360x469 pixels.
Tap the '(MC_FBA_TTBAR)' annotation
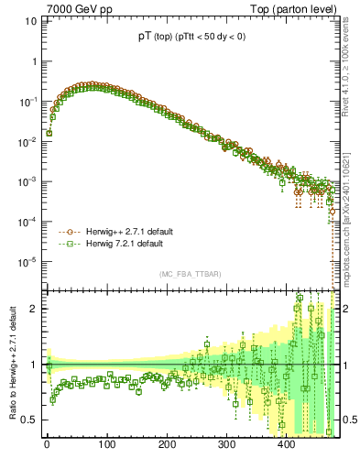(x=190, y=275)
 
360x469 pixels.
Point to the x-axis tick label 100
(x=106, y=446)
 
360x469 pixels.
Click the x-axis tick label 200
(x=167, y=446)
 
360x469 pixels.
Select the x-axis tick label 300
(x=227, y=446)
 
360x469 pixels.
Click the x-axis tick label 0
(x=47, y=446)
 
